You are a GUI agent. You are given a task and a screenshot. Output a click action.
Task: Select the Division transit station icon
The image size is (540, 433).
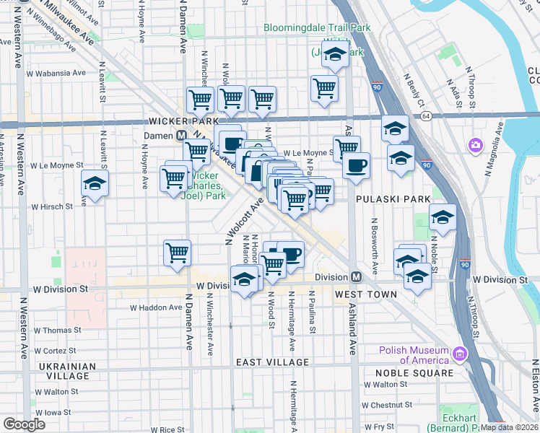point(355,277)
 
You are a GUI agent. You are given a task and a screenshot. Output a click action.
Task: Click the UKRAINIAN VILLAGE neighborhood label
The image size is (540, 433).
point(64,371)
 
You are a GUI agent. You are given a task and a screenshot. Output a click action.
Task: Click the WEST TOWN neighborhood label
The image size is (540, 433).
point(365,294)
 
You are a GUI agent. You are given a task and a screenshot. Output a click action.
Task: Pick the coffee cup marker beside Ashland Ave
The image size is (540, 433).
point(356,165)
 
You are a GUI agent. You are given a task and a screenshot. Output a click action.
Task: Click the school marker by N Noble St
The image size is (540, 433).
point(443,216)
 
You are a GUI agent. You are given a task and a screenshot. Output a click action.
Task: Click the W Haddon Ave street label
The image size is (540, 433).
point(156,307)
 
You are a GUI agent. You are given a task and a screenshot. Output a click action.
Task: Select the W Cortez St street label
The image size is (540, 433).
point(48,350)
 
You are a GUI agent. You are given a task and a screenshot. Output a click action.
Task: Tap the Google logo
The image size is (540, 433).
point(24,424)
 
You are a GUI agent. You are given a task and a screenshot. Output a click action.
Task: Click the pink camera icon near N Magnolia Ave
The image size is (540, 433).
point(475,145)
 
